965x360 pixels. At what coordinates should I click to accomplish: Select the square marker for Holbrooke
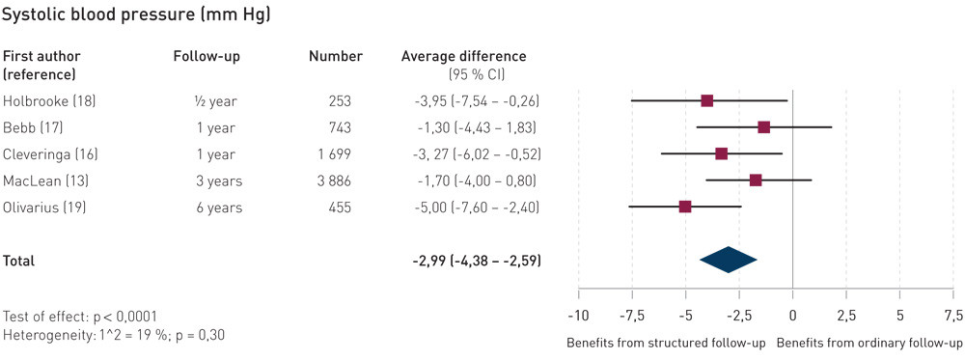coord(707,100)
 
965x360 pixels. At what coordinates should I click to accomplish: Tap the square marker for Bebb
coord(763,126)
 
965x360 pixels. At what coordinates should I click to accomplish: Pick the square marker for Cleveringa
coord(721,153)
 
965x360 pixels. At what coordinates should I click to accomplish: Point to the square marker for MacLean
coord(756,180)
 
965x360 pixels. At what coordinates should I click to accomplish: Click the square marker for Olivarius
coord(685,207)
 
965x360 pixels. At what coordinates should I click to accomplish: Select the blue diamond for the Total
coord(729,260)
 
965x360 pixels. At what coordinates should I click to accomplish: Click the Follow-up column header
coord(207,56)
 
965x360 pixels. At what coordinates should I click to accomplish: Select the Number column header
coord(335,56)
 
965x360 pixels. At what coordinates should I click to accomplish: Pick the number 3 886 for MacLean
coord(331,180)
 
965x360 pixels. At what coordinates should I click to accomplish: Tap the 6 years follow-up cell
coord(216,208)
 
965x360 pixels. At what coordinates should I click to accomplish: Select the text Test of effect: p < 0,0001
coord(80,317)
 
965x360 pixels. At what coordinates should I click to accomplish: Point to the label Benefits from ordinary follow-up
coord(868,343)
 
